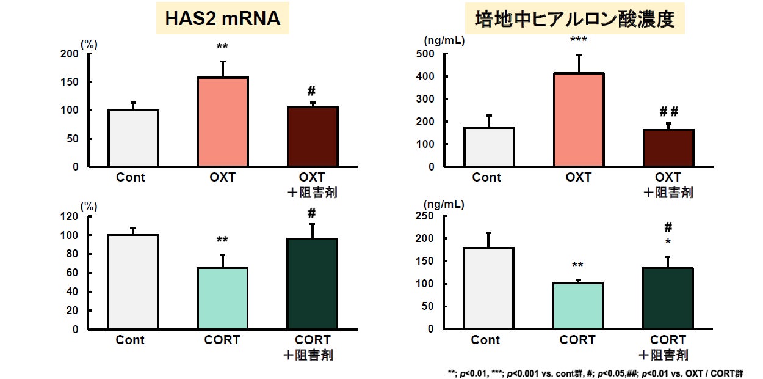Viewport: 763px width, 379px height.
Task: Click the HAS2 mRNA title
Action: click(223, 19)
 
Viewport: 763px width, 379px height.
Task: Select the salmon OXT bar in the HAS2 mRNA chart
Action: click(223, 122)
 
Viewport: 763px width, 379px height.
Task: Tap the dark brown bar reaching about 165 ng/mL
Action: click(668, 148)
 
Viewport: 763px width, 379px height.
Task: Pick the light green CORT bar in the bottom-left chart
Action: click(223, 298)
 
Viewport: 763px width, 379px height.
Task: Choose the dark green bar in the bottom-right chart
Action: click(668, 298)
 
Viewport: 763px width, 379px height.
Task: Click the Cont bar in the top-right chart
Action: click(489, 147)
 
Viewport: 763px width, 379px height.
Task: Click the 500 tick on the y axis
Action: click(425, 54)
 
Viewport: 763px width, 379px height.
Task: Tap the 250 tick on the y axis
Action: click(425, 216)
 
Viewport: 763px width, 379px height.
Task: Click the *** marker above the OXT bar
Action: click(578, 40)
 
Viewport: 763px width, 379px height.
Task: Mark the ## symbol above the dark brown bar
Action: click(669, 111)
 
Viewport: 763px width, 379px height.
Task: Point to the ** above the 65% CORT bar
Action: click(222, 240)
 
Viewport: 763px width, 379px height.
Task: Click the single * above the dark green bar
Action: click(668, 242)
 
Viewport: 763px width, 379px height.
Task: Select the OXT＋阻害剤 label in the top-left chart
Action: click(313, 185)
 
